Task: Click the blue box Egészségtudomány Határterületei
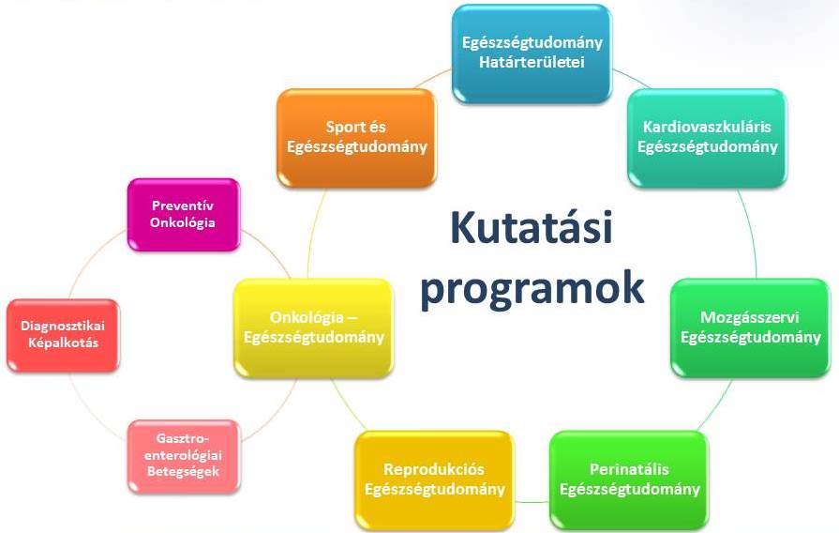click(532, 53)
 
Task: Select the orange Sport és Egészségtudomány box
click(356, 138)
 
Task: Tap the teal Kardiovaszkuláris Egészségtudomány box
click(707, 138)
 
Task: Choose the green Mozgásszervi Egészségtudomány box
click(750, 327)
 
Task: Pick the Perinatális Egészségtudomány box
click(629, 480)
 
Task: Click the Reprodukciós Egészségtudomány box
click(434, 480)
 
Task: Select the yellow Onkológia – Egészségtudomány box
click(313, 327)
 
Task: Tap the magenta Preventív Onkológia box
click(184, 215)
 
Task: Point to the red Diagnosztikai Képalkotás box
click(63, 335)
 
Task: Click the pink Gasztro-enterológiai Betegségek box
click(184, 456)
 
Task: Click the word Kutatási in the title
click(532, 228)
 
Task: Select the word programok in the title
click(532, 289)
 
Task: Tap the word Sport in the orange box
click(341, 128)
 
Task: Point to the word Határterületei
click(532, 62)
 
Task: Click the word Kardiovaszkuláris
click(707, 127)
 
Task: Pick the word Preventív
click(183, 206)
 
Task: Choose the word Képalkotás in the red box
click(63, 343)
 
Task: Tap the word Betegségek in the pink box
click(183, 472)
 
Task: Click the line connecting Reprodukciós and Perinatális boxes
click(532, 502)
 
